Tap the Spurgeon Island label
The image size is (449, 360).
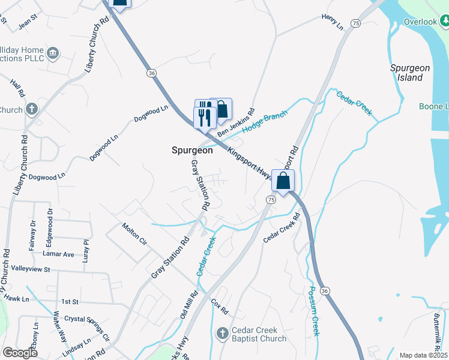[410, 73]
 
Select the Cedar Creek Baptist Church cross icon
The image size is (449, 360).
[222, 333]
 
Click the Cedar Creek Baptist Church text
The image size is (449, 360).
[259, 334]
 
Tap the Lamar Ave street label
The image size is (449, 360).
[60, 254]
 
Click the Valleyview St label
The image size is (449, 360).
[30, 270]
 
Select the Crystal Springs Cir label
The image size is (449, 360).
[87, 328]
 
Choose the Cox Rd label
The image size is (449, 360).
[220, 307]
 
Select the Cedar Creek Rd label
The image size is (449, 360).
[281, 228]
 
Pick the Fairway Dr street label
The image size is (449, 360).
[34, 232]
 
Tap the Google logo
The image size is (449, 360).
[20, 353]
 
